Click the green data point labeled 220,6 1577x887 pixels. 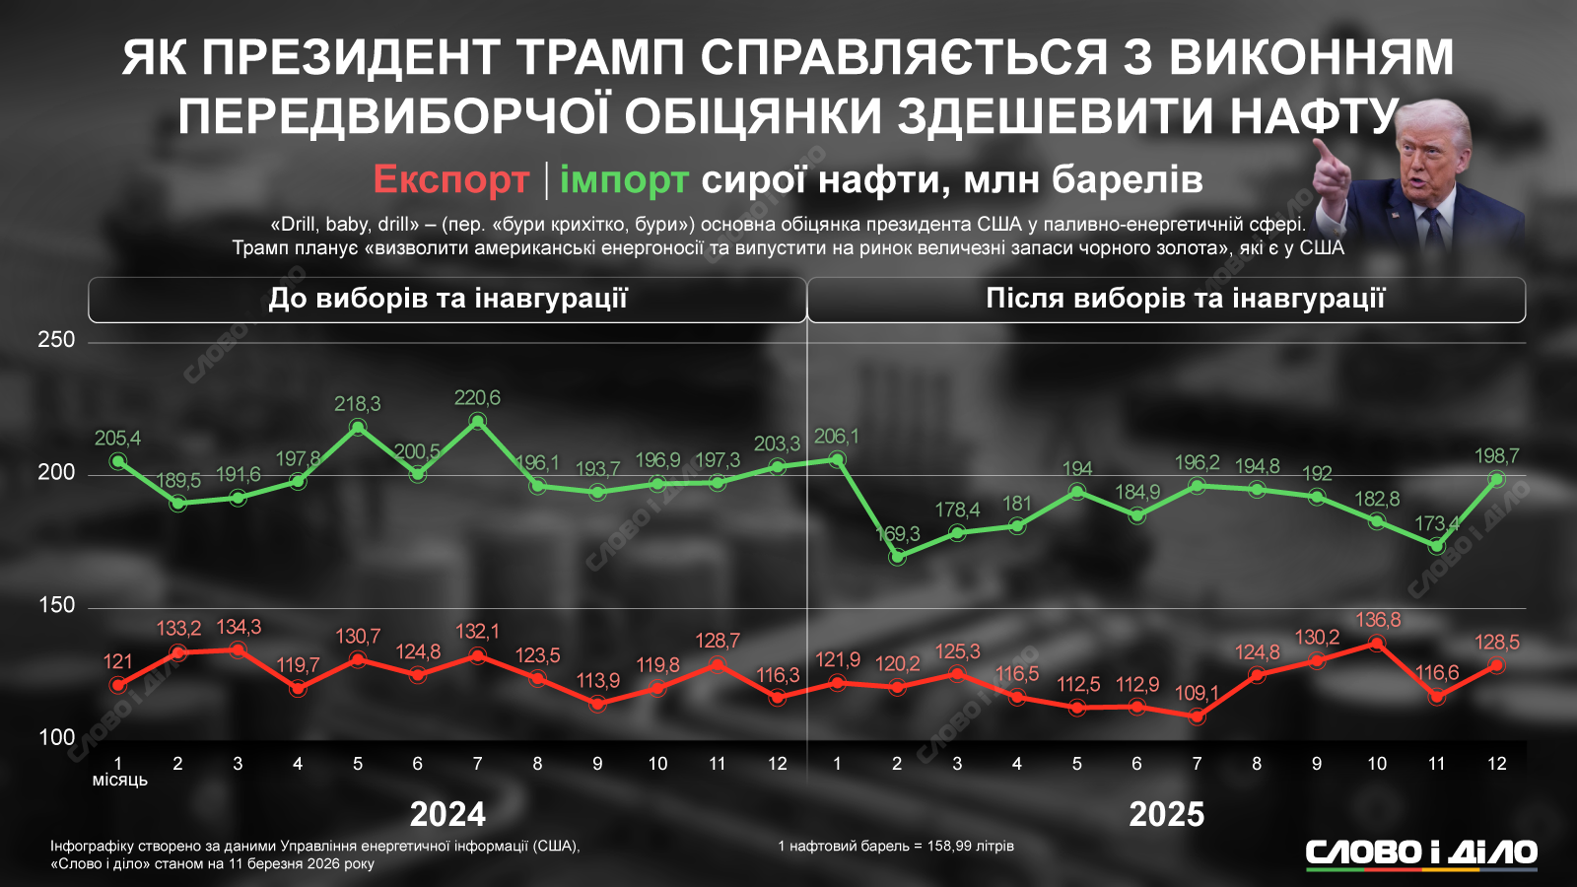point(477,422)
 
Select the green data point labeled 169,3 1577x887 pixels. point(897,557)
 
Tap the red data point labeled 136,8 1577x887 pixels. point(1377,644)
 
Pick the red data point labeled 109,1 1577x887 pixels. point(1197,716)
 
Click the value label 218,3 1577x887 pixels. point(357,404)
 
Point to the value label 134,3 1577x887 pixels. point(238,628)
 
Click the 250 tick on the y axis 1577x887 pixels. point(56,340)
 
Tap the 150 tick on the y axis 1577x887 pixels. point(56,605)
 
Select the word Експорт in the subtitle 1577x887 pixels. point(451,179)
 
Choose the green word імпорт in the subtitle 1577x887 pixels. point(624,179)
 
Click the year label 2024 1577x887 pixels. point(447,814)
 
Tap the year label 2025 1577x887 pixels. point(1167,814)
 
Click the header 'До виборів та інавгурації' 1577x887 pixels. point(447,299)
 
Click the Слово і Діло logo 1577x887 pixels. point(1421,853)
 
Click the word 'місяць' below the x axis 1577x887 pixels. point(120,781)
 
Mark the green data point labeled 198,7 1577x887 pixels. point(1496,479)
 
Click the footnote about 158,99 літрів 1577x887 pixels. point(896,846)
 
